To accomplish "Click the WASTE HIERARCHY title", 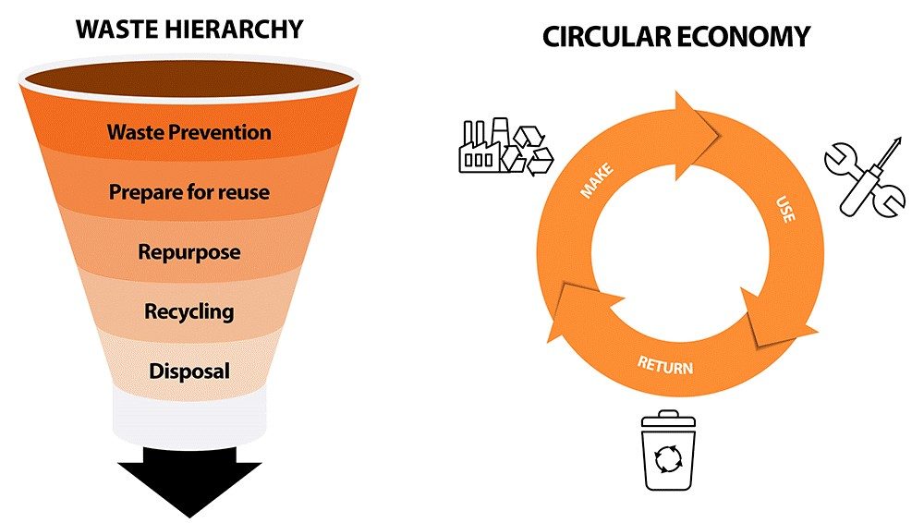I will (x=189, y=29).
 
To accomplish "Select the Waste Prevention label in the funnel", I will (x=189, y=131).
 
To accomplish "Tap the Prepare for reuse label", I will (x=189, y=192).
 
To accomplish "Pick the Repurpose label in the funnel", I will (x=189, y=251).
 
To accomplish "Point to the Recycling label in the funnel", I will (x=189, y=311).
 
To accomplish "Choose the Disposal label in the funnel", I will (x=189, y=371).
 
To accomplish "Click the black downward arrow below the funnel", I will (x=189, y=485).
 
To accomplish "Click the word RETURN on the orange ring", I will (x=664, y=362).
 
